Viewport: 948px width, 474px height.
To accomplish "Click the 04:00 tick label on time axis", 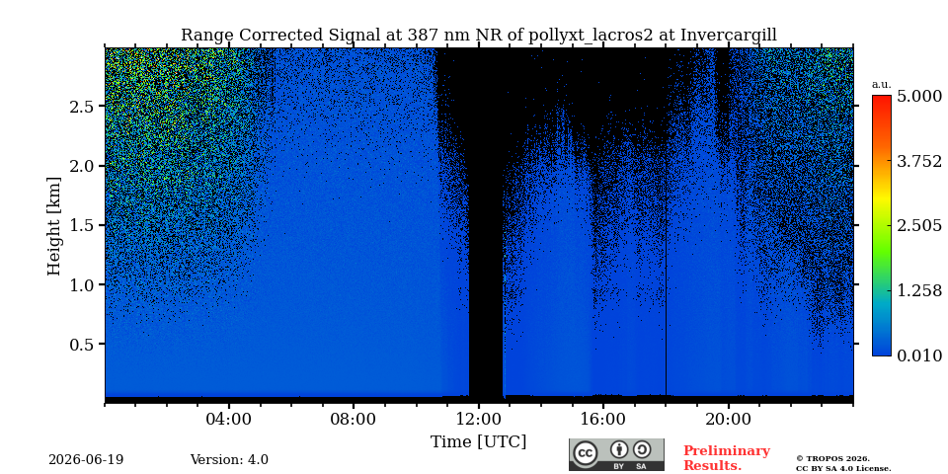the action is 228,420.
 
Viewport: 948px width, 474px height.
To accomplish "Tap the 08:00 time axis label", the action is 354,420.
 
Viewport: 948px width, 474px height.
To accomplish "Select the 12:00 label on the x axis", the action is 478,420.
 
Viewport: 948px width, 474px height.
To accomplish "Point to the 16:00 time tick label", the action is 602,420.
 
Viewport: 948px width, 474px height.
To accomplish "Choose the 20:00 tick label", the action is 728,420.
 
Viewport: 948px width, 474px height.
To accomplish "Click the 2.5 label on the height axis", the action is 82,107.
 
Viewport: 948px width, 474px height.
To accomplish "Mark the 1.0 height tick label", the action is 82,284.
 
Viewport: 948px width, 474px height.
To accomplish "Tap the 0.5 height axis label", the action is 82,344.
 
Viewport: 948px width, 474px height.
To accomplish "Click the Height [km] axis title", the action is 54,226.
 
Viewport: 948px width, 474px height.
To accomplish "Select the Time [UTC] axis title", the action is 478,442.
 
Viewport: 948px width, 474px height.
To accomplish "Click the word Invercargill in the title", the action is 729,36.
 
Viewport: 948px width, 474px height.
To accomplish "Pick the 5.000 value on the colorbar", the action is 919,97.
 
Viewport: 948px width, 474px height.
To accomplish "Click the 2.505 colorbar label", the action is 919,226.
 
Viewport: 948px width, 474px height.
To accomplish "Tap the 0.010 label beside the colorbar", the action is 919,355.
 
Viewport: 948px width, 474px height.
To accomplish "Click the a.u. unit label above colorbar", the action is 882,85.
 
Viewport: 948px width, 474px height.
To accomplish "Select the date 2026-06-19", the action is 86,460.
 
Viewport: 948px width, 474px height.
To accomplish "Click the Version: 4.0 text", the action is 229,460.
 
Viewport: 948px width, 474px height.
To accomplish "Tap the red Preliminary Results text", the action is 727,458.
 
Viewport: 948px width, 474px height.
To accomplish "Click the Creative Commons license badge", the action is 616,454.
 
